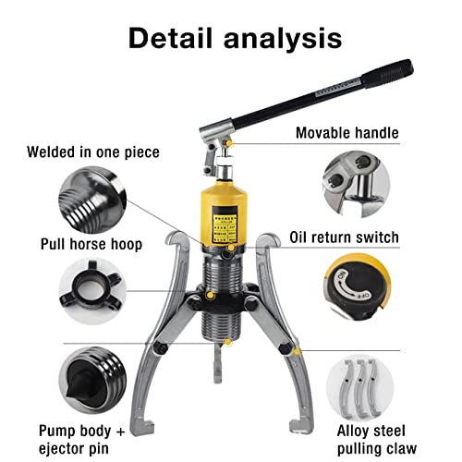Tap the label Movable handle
click(x=346, y=133)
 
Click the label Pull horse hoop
click(x=91, y=244)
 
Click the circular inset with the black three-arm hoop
click(x=91, y=287)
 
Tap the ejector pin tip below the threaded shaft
click(x=221, y=371)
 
